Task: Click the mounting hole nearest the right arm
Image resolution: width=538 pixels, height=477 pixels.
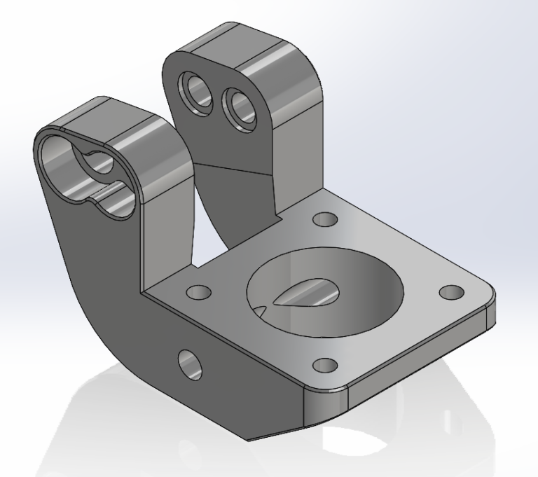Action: tap(324, 220)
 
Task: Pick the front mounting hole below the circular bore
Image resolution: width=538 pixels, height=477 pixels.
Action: tap(323, 366)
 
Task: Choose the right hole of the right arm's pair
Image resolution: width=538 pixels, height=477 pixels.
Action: tap(237, 106)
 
